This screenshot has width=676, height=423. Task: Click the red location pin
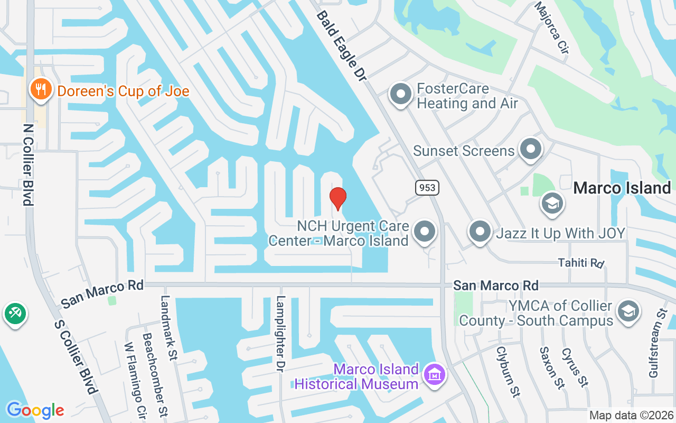337,198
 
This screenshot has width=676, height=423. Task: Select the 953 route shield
426,187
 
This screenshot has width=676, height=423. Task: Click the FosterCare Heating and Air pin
400,95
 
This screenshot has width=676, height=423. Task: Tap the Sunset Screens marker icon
531,150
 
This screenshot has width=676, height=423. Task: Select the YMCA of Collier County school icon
628,311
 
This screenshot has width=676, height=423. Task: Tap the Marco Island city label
622,188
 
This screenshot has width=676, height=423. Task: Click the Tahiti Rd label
581,263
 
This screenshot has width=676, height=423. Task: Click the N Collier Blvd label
27,164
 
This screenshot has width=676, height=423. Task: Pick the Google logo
35,410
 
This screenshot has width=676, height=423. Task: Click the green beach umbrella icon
15,314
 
